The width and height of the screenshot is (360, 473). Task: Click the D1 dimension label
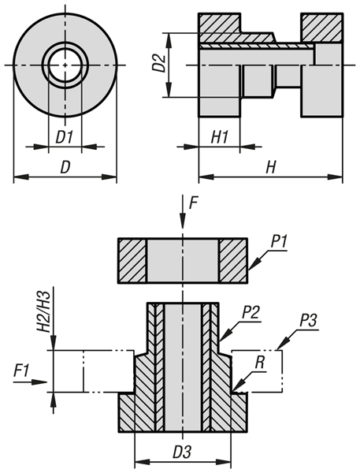point(65,137)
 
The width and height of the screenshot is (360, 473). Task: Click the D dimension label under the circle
point(65,167)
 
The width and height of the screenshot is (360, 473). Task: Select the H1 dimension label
point(220,137)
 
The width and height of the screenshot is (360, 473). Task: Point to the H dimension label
point(270,167)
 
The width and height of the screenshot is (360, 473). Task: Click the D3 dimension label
point(181,453)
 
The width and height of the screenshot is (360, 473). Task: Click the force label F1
point(22,371)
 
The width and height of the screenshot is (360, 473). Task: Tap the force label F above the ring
point(193,203)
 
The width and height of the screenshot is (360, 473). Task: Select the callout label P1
point(279,242)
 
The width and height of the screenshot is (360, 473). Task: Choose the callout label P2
point(251,314)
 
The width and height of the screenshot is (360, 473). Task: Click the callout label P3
point(308,322)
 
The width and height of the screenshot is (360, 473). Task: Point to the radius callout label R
point(259,363)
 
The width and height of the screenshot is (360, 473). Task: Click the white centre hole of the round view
point(65,65)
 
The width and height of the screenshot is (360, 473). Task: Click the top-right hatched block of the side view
point(322,28)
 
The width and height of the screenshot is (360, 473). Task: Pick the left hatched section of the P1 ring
point(132,261)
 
